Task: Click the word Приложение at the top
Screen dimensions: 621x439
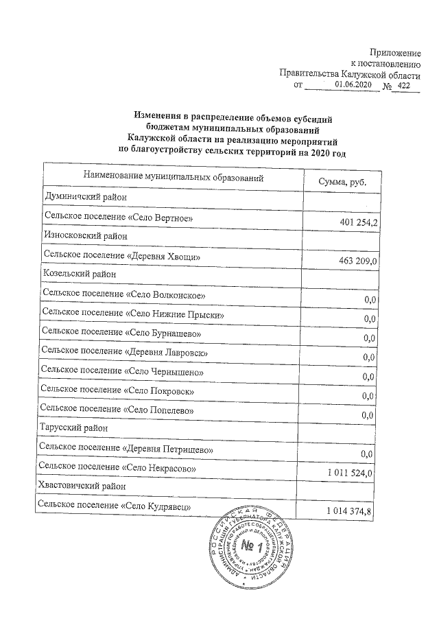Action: click(394, 52)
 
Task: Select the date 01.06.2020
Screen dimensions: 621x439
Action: click(353, 84)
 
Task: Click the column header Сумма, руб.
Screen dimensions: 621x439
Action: click(342, 180)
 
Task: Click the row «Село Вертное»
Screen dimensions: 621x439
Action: click(114, 218)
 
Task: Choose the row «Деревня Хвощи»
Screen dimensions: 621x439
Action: click(122, 255)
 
